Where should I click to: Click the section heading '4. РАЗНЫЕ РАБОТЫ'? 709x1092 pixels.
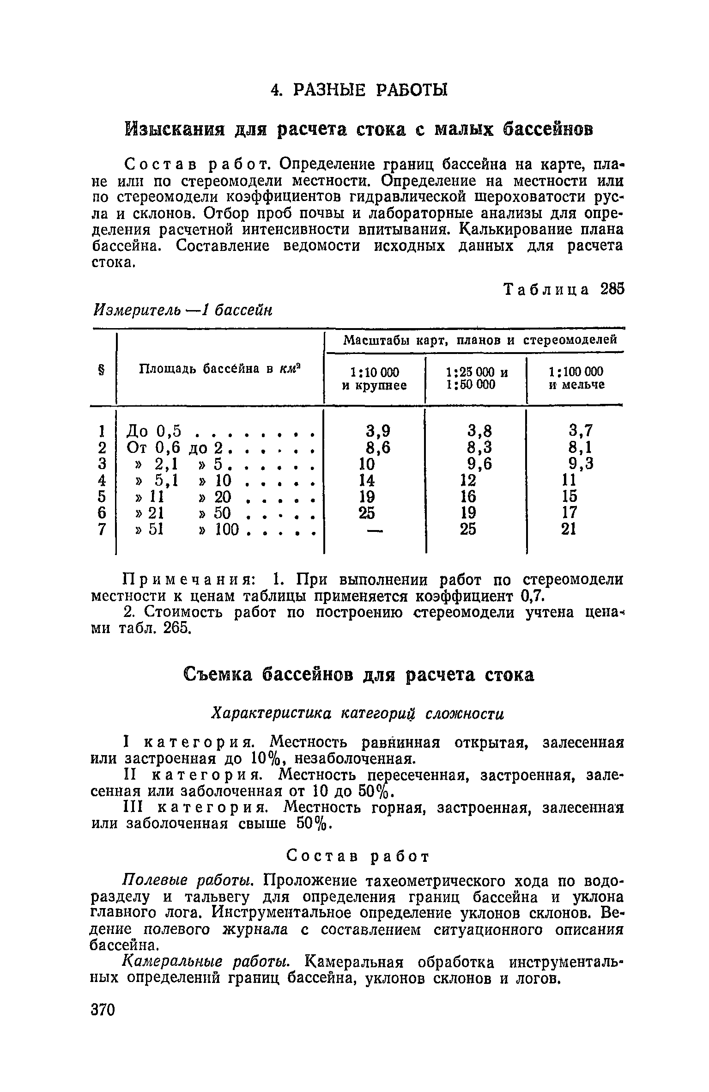(x=359, y=90)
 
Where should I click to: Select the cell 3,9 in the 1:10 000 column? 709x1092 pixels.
(x=378, y=431)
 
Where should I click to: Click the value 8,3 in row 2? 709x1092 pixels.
(x=479, y=448)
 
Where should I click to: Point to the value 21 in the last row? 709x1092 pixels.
(x=569, y=529)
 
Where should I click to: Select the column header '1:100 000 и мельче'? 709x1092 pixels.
(x=576, y=378)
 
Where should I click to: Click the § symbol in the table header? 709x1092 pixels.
(x=101, y=369)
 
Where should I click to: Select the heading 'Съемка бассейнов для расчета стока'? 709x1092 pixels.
(x=358, y=675)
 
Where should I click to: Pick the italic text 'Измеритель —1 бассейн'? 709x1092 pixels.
(x=183, y=311)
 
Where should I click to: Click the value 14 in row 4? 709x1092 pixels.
(x=367, y=481)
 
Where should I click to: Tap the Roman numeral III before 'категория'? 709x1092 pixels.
(x=134, y=808)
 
